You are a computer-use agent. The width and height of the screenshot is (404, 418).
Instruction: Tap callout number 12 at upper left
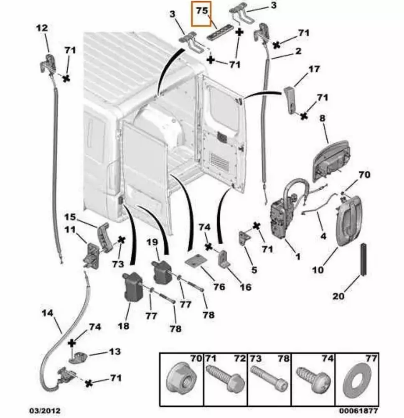[42, 28]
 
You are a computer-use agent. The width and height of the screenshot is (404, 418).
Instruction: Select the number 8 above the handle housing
[322, 118]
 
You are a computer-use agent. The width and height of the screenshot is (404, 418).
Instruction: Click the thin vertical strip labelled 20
[363, 259]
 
